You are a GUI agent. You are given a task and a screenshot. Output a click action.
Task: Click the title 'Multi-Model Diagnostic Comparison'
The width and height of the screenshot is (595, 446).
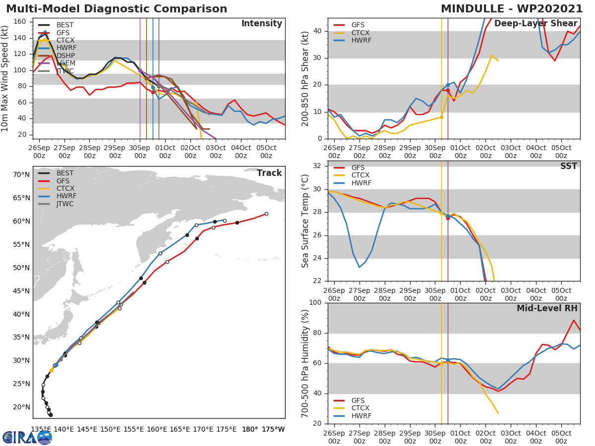point(117,9)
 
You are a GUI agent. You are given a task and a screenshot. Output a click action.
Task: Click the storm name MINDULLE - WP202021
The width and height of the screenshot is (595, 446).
point(512,9)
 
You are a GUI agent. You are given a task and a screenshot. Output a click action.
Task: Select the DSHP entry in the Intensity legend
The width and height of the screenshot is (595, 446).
point(65,56)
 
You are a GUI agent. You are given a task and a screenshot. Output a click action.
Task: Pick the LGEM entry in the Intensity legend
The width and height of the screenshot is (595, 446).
point(65,63)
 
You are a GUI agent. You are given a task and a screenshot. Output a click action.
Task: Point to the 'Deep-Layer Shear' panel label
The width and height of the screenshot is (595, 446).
point(535,24)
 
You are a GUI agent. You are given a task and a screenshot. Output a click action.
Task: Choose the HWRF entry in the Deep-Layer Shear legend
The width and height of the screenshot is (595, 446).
point(360,40)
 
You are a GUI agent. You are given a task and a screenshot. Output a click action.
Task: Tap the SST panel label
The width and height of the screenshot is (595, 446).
point(568,166)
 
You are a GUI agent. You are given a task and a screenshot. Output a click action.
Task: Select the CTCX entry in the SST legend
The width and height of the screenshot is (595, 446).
point(360,175)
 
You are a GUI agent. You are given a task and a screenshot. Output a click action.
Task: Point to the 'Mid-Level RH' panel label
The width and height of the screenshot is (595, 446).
point(547,308)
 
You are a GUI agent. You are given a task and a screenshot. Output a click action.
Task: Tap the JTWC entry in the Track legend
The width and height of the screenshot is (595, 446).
point(65,204)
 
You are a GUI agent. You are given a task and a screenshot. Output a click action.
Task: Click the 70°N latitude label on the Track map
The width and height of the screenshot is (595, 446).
point(21,174)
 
